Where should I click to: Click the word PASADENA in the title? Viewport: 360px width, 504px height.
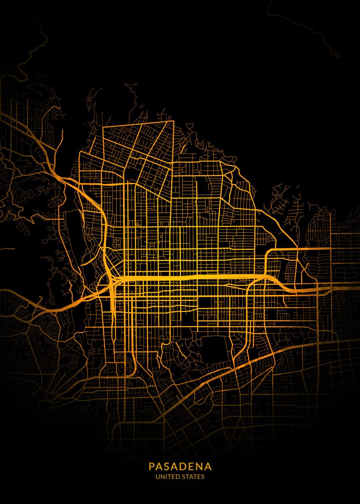coord(180,467)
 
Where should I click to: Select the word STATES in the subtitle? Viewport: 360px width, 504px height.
coord(193,477)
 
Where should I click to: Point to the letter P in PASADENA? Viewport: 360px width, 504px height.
coord(151,467)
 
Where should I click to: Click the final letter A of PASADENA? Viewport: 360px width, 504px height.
coord(209,467)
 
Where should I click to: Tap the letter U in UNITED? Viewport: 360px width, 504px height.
coord(158,477)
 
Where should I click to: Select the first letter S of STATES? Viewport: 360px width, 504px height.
coord(185,477)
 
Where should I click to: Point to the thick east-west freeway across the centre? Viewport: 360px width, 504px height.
coord(189,278)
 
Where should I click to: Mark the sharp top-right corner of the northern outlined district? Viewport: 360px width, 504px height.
coord(173,121)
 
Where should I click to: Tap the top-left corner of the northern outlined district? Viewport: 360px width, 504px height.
coord(104,126)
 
